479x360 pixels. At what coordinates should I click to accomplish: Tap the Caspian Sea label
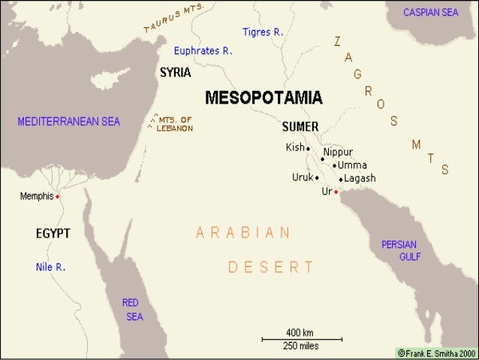[x=430, y=14]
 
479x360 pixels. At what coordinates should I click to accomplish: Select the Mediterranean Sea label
[x=70, y=121]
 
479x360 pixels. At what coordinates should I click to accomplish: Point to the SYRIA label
[x=175, y=73]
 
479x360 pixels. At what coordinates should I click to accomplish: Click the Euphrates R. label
[x=203, y=51]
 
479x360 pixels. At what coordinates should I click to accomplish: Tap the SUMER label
[x=300, y=126]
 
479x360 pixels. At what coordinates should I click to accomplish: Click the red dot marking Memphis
[x=58, y=196]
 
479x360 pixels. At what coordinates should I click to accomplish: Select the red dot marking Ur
[x=336, y=192]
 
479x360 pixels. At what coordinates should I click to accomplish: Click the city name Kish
[x=294, y=147]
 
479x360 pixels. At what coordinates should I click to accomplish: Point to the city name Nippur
[x=338, y=152]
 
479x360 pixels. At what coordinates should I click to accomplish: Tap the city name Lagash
[x=360, y=178]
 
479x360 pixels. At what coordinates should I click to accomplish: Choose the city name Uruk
[x=302, y=177]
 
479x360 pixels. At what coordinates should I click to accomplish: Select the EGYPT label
[x=53, y=234]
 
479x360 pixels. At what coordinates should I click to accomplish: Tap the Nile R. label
[x=50, y=267]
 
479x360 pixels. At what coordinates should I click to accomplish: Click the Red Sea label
[x=132, y=309]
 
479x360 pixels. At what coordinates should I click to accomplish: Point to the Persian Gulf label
[x=401, y=250]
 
